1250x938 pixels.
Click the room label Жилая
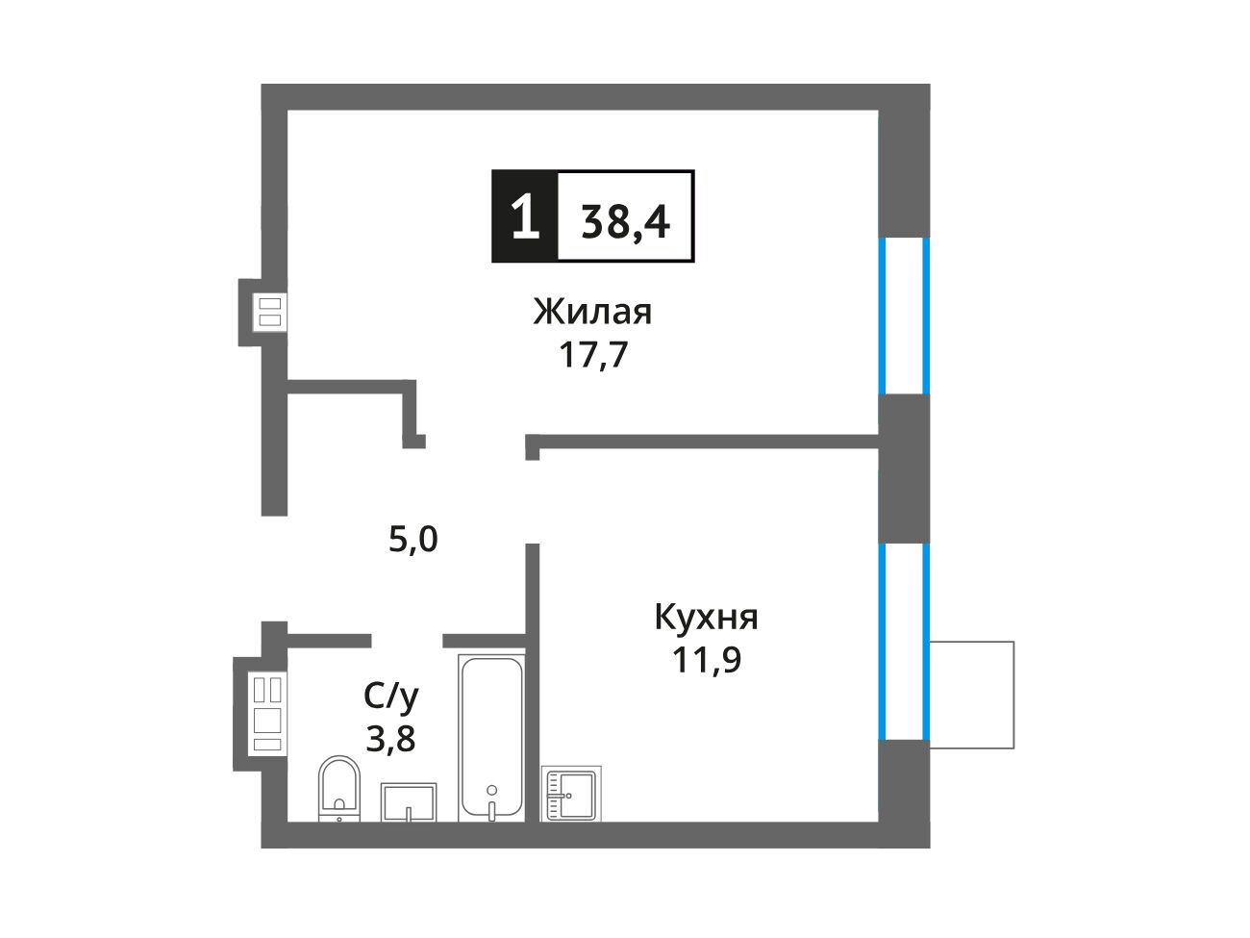coord(592,312)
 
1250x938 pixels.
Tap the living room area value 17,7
coord(593,354)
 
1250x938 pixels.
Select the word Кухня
coord(706,618)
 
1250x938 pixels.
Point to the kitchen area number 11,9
coord(707,660)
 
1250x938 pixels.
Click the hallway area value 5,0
coord(412,540)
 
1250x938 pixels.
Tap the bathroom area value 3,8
coord(390,739)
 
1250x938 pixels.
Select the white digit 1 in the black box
coord(524,216)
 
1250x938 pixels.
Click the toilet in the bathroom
coord(338,789)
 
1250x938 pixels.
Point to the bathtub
coord(491,738)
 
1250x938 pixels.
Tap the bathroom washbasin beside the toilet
coord(409,802)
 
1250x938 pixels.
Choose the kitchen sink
coord(571,794)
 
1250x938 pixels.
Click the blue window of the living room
coord(904,316)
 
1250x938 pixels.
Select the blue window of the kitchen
coord(904,642)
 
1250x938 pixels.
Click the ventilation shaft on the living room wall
coord(270,312)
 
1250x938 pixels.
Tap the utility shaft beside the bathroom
coord(267,714)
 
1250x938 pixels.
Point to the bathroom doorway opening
coord(407,641)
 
